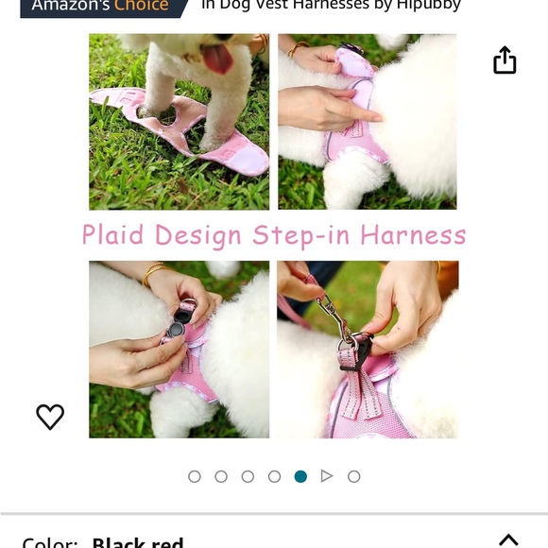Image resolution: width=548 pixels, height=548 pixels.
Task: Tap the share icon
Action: coord(505,60)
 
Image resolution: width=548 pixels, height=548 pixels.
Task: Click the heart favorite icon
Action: coord(50,417)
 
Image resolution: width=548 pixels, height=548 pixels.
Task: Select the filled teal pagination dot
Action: coord(300,476)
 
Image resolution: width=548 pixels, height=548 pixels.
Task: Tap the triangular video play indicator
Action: coord(327,476)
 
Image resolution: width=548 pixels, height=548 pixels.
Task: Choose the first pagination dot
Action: coord(195,476)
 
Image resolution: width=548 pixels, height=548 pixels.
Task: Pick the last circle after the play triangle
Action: coord(353,476)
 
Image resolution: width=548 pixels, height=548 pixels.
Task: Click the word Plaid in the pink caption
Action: coord(114,235)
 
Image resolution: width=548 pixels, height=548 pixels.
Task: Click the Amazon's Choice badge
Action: coord(99,7)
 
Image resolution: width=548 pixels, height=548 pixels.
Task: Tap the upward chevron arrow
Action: coord(508,540)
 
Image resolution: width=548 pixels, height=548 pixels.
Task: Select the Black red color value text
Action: coord(138,542)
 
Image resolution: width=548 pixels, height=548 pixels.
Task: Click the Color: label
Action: coord(49,542)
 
